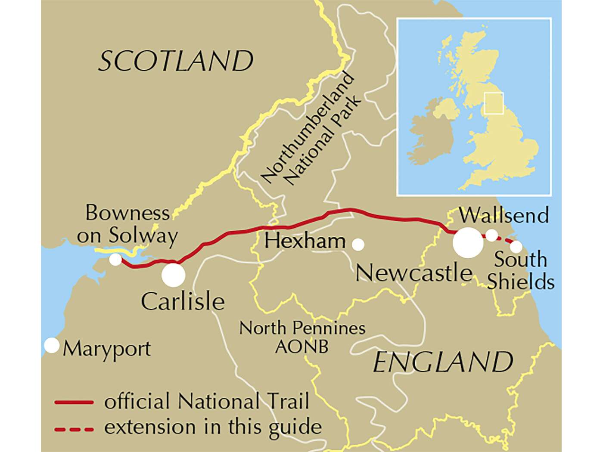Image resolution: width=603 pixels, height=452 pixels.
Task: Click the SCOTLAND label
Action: click(176, 61)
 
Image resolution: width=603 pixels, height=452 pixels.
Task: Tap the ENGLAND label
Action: click(443, 362)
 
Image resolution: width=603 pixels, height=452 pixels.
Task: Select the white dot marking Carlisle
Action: click(173, 275)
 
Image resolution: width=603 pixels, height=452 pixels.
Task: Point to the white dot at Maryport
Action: click(52, 345)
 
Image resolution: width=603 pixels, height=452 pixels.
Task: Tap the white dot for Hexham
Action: click(358, 245)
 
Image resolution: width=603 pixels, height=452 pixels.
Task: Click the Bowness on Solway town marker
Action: click(115, 260)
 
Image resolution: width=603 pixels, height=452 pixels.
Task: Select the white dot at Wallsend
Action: click(491, 235)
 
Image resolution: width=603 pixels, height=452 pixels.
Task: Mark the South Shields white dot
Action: click(516, 247)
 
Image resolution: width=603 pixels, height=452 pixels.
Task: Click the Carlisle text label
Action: click(183, 301)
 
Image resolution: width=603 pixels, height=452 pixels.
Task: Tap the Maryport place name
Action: click(107, 349)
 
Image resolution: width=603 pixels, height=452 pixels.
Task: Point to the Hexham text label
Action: click(305, 241)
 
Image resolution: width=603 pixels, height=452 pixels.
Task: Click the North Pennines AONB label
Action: click(302, 336)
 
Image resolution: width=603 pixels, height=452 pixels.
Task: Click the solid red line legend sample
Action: click(74, 402)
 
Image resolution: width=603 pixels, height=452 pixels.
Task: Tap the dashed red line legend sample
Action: click(74, 429)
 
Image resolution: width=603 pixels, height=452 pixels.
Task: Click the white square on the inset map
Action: click(493, 103)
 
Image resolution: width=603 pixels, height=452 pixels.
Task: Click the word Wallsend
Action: click(504, 215)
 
